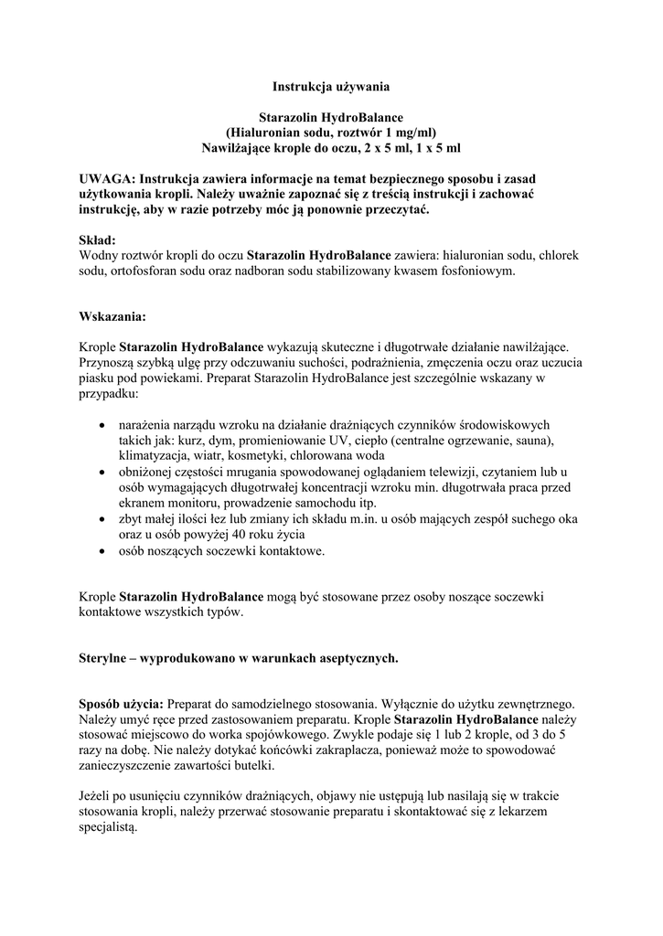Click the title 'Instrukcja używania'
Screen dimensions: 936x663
[x=331, y=87]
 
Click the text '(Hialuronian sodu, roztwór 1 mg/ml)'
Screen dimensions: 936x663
[x=331, y=132]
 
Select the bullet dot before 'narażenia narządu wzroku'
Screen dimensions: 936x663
[x=100, y=426]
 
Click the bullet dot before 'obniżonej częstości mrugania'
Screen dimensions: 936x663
[x=100, y=473]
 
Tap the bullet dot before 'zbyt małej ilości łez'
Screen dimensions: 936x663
[x=100, y=519]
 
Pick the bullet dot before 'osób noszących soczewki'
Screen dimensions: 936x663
[x=100, y=550]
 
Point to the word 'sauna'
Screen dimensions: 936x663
[x=533, y=441]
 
